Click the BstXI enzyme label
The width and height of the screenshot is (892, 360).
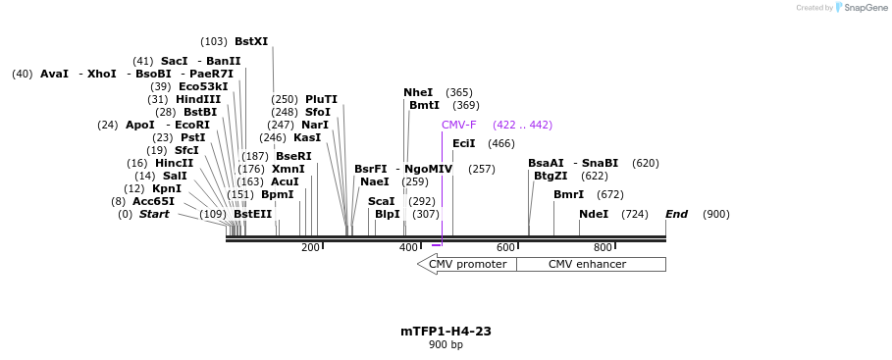[x=250, y=41]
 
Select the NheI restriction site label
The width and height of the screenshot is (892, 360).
[x=417, y=92]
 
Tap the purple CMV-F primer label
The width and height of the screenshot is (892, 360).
[x=458, y=125]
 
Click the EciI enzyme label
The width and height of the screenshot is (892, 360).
[x=463, y=143]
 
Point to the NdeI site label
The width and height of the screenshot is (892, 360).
[x=593, y=214]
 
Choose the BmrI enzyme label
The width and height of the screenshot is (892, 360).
[x=568, y=194]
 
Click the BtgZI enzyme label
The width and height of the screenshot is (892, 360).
[x=550, y=176]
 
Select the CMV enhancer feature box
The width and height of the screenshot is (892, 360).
[x=590, y=264]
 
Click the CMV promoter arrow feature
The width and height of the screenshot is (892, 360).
[x=467, y=264]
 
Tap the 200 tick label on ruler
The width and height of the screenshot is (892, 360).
[x=310, y=247]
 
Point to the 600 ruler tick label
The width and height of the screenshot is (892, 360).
[x=505, y=247]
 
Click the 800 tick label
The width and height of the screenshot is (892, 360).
[x=603, y=247]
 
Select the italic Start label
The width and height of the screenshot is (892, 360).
[x=154, y=214]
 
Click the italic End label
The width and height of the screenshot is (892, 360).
[x=676, y=214]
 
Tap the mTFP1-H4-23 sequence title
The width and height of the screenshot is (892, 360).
[x=446, y=331]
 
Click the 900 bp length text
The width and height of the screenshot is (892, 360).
[x=446, y=344]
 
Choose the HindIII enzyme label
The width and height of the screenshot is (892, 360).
[x=198, y=99]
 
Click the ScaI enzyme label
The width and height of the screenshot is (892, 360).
[x=381, y=201]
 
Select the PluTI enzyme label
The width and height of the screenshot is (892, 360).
[x=321, y=99]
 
